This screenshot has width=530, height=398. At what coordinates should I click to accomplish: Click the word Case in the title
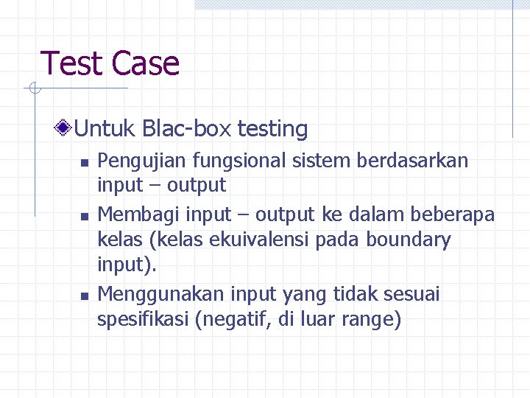tap(146, 63)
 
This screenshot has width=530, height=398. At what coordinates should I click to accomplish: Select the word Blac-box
tap(187, 129)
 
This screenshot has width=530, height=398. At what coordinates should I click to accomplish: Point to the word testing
tap(272, 129)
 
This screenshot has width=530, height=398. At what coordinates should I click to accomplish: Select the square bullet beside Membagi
tap(85, 216)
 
